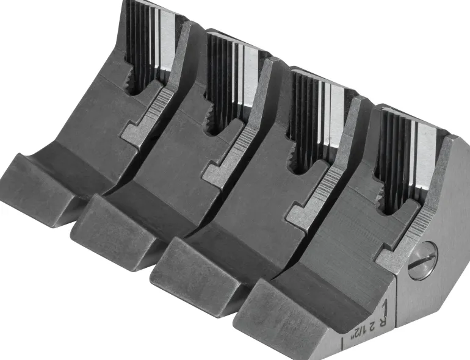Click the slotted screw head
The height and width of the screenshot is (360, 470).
422,260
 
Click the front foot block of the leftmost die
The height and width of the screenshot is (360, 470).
39,187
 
